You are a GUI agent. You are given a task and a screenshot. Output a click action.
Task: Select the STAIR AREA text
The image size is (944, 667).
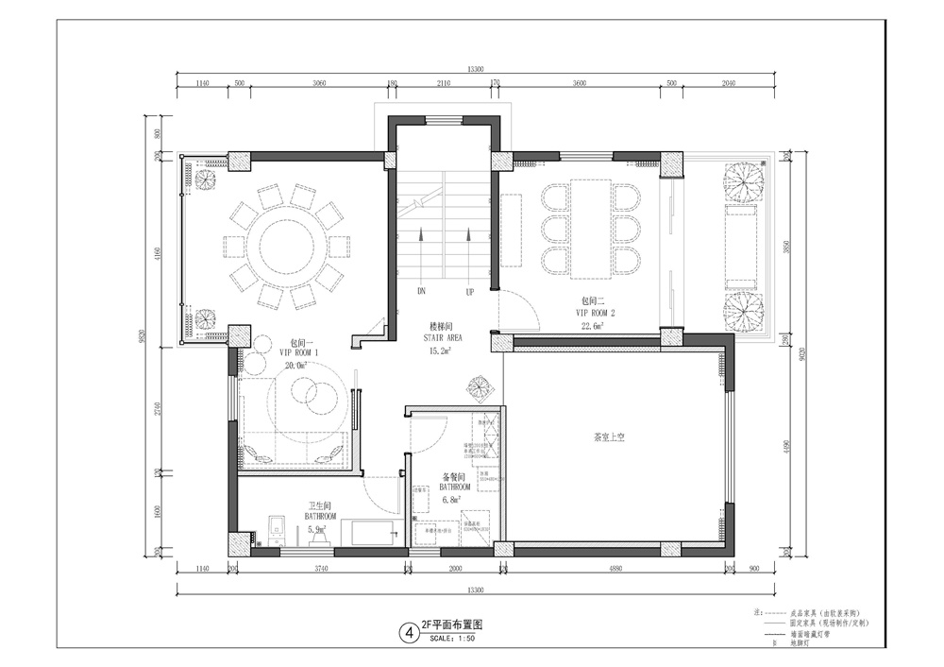tap(439, 336)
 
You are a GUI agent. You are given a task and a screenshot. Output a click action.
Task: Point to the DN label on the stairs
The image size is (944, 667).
tap(421, 292)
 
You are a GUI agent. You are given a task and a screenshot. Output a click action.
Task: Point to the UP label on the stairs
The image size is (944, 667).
tap(469, 292)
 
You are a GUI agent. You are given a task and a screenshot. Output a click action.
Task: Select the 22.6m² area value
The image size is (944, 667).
tap(593, 326)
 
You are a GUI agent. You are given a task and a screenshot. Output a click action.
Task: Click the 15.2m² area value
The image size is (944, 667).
tap(440, 350)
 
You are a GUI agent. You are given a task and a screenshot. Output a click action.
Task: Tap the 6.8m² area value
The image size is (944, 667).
tap(455, 498)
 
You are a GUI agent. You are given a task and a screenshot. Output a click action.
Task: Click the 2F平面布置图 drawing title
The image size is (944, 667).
tap(452, 625)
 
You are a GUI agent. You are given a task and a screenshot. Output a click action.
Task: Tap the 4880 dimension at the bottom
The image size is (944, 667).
tap(615, 569)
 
